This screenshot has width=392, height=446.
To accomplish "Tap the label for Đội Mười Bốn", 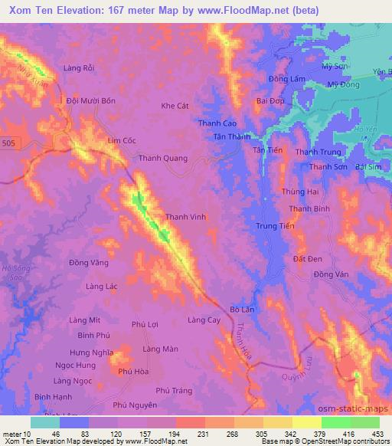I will point(91,100).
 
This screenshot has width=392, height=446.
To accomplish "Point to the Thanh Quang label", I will point(162,159).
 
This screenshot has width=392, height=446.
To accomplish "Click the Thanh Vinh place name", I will point(185,217).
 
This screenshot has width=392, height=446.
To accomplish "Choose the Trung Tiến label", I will point(275,226).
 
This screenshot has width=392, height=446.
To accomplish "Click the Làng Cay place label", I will point(204,320).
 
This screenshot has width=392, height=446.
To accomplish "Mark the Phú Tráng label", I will point(174,390).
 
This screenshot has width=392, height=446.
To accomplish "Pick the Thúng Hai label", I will point(299,191).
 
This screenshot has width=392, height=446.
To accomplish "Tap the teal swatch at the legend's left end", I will point(44,422).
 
